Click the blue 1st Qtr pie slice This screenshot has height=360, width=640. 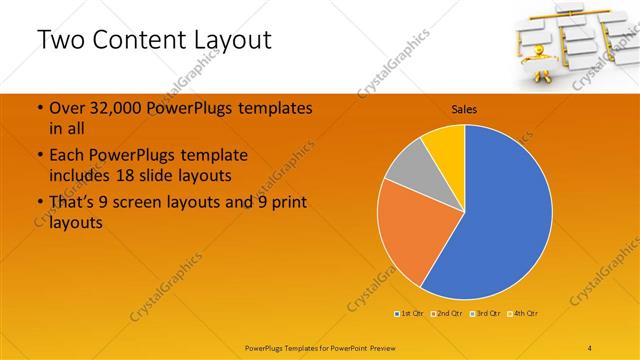pos(505,215)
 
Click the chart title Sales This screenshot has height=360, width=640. pos(464,108)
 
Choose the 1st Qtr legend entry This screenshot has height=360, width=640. pos(410,314)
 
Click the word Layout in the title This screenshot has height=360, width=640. pos(232,41)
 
